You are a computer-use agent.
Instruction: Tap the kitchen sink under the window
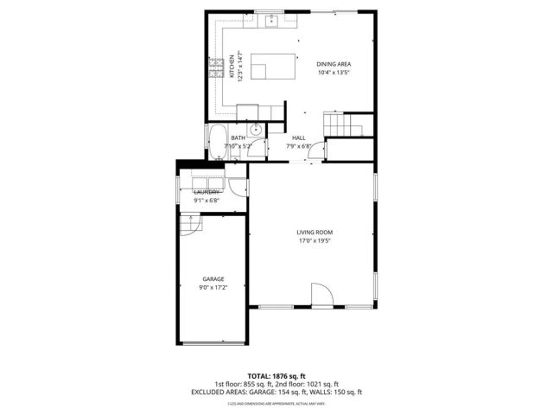click(270, 22)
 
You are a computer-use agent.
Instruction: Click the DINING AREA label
click(334, 64)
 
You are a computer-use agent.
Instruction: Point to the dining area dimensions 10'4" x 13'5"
click(334, 73)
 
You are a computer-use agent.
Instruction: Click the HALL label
click(299, 138)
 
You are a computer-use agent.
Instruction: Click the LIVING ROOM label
click(315, 233)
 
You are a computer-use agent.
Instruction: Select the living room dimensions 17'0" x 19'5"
click(315, 241)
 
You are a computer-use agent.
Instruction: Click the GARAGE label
click(213, 278)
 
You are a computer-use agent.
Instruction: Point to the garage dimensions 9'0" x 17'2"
click(213, 287)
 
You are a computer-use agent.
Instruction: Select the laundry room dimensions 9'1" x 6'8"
click(207, 201)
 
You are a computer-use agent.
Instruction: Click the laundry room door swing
click(237, 186)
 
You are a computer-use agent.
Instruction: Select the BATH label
click(238, 138)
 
